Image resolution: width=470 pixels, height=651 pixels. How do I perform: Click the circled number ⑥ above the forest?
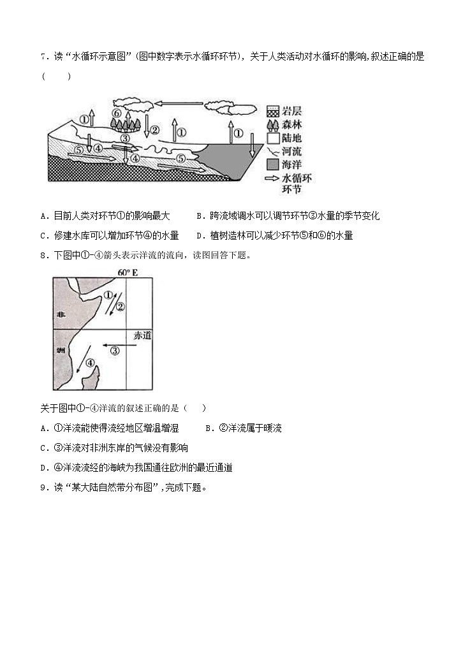(115, 113)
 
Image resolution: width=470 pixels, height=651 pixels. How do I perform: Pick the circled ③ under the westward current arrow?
(115, 350)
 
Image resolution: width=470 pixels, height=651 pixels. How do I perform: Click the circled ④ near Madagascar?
(90, 363)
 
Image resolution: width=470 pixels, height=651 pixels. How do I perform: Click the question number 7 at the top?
(42, 57)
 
